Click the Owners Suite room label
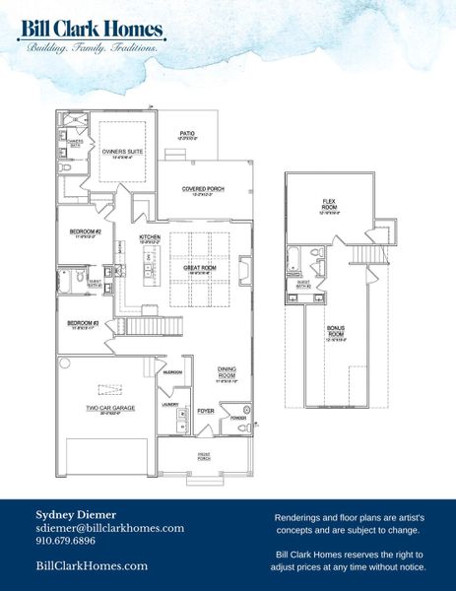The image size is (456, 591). pyautogui.click(x=119, y=152)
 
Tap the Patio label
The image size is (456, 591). pyautogui.click(x=186, y=134)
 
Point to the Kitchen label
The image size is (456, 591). pyautogui.click(x=150, y=238)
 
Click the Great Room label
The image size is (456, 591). pyautogui.click(x=200, y=268)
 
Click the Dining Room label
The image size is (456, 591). pyautogui.click(x=227, y=372)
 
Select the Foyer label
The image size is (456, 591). pyautogui.click(x=206, y=410)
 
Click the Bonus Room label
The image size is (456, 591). pyautogui.click(x=336, y=334)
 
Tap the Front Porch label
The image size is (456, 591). pyautogui.click(x=205, y=457)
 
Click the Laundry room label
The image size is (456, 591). pyautogui.click(x=169, y=404)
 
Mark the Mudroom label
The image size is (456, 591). pyautogui.click(x=172, y=372)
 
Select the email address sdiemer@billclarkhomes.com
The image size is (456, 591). pyautogui.click(x=109, y=528)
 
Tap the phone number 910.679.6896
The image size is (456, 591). pyautogui.click(x=65, y=541)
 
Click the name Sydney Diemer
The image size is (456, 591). pyautogui.click(x=75, y=514)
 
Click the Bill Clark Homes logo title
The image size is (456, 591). pyautogui.click(x=91, y=30)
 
